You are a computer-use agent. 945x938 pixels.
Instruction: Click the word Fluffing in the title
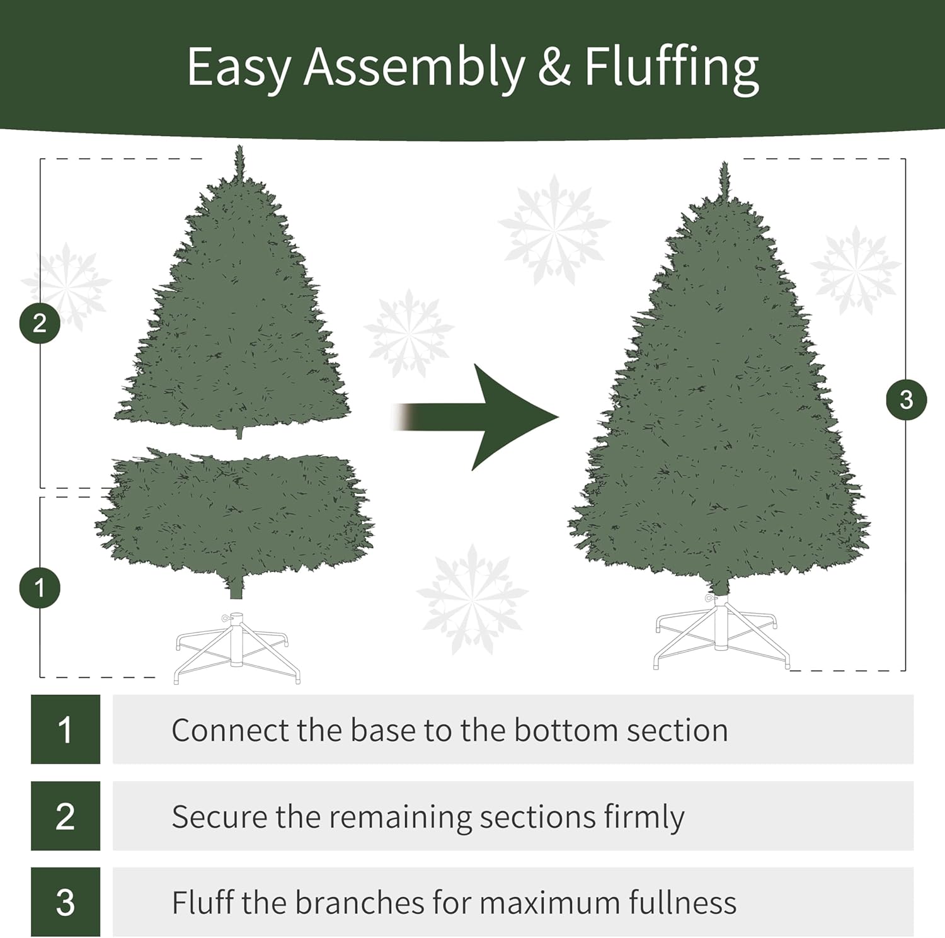(671, 68)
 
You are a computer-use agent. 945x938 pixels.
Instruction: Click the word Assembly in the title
(414, 68)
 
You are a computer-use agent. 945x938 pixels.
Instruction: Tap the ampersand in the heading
(554, 68)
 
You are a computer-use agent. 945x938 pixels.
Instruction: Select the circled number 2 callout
(40, 323)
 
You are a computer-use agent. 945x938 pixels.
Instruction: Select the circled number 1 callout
(40, 588)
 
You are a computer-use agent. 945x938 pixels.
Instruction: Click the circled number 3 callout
(906, 399)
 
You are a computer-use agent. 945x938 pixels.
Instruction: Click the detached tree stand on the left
(237, 649)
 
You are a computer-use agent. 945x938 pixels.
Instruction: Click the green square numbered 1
(66, 729)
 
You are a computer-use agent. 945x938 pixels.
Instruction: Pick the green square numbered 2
(66, 816)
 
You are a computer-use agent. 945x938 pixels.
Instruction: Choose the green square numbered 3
(66, 902)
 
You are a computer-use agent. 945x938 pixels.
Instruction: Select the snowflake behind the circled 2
(66, 287)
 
